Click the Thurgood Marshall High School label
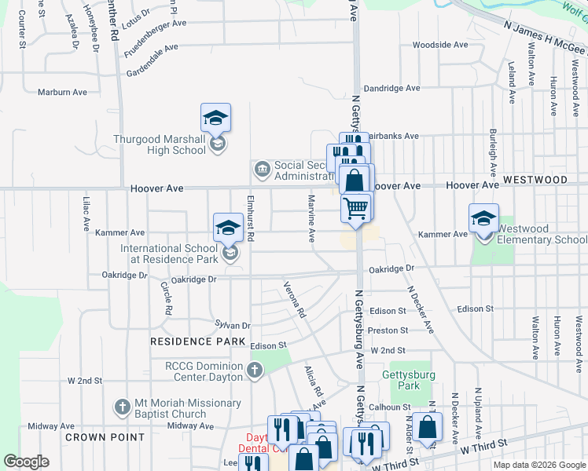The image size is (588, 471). pos(160,145)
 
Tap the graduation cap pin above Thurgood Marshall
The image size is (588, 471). pos(215,119)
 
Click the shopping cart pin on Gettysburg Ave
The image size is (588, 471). pos(356,208)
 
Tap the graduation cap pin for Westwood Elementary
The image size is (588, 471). pos(483,219)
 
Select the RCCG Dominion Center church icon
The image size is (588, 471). pos(254,371)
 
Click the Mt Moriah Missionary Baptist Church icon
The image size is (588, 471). pos(121,407)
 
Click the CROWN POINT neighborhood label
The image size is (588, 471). pos(105,436)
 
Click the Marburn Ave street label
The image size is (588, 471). pos(63,92)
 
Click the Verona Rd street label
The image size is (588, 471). pos(294,299)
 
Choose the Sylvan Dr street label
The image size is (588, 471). pos(233,325)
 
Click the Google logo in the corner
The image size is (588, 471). pos(26,462)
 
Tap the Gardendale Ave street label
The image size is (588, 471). pos(153,49)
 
